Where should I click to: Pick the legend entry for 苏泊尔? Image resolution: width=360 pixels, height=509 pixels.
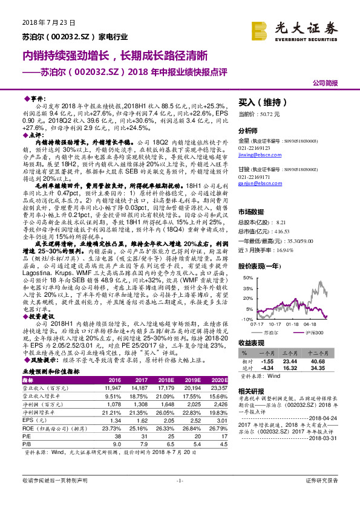(x=273, y=332)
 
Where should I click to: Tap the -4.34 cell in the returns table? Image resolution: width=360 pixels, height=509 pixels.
(x=269, y=367)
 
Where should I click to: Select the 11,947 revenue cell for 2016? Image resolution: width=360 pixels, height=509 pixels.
(x=114, y=387)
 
